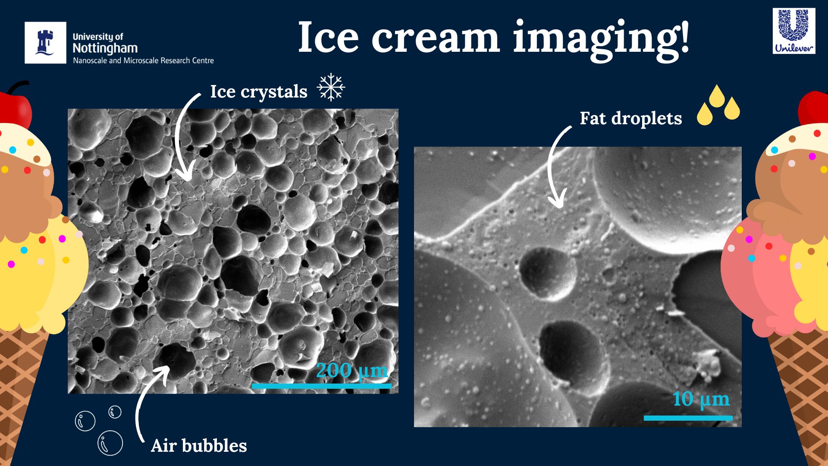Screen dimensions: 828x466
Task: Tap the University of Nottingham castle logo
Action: (45, 43)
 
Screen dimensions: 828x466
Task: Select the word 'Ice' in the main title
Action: (328, 38)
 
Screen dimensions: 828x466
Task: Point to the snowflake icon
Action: (331, 87)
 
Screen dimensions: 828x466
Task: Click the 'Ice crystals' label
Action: (259, 92)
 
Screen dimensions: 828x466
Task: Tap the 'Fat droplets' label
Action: (631, 118)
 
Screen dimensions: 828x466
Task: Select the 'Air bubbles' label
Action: (199, 446)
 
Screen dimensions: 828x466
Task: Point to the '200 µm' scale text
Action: (352, 371)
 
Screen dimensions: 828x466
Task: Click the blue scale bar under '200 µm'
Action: (322, 386)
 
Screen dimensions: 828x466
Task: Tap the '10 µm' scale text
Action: (701, 399)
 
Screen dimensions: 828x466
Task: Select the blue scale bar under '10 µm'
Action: (688, 418)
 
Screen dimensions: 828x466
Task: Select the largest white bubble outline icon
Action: (110, 443)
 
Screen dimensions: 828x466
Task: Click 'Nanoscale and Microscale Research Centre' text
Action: (144, 61)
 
